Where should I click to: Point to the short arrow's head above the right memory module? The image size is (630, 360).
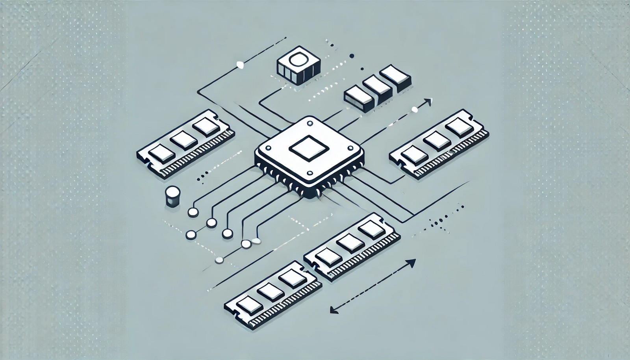pos(429,101)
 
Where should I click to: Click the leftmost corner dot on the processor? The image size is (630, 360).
pos(269,149)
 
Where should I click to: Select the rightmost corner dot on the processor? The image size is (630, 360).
pos(349,148)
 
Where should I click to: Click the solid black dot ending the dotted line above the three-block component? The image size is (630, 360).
pos(352,56)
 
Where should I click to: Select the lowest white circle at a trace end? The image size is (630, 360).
pos(219,260)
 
